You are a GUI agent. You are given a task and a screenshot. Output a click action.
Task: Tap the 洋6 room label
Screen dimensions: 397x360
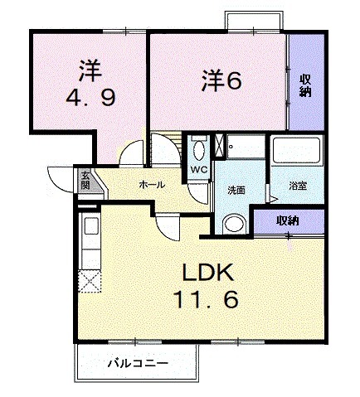point(221,82)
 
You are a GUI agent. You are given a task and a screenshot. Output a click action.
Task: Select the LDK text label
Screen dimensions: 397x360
point(208,273)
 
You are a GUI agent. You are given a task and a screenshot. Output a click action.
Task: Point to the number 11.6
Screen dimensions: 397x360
point(209,299)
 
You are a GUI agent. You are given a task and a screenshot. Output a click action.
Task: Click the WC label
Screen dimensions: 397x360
point(198,170)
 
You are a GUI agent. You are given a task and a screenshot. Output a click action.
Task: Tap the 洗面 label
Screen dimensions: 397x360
point(236,189)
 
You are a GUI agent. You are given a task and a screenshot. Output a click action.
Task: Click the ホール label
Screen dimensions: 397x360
point(150,183)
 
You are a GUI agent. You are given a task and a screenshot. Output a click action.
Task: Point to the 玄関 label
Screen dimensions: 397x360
point(85,179)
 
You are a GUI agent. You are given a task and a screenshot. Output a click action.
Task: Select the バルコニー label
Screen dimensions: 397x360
point(138,363)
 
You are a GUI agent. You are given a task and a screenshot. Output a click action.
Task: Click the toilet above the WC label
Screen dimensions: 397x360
point(198,150)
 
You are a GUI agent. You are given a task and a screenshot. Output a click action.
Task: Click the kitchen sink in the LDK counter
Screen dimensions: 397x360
point(89,227)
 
